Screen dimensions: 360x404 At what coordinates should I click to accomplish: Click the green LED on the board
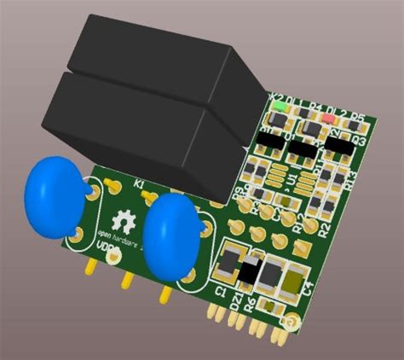pyautogui.click(x=280, y=107)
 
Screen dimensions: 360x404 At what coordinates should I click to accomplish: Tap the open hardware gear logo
pyautogui.click(x=121, y=221)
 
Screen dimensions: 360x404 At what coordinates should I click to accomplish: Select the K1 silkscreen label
pyautogui.click(x=139, y=183)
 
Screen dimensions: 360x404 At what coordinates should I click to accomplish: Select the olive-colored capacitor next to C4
pyautogui.click(x=292, y=277)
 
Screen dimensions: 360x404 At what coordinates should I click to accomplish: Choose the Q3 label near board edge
pyautogui.click(x=360, y=140)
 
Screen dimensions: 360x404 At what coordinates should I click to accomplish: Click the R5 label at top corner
pyautogui.click(x=359, y=119)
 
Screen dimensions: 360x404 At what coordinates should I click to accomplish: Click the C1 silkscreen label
pyautogui.click(x=220, y=293)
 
